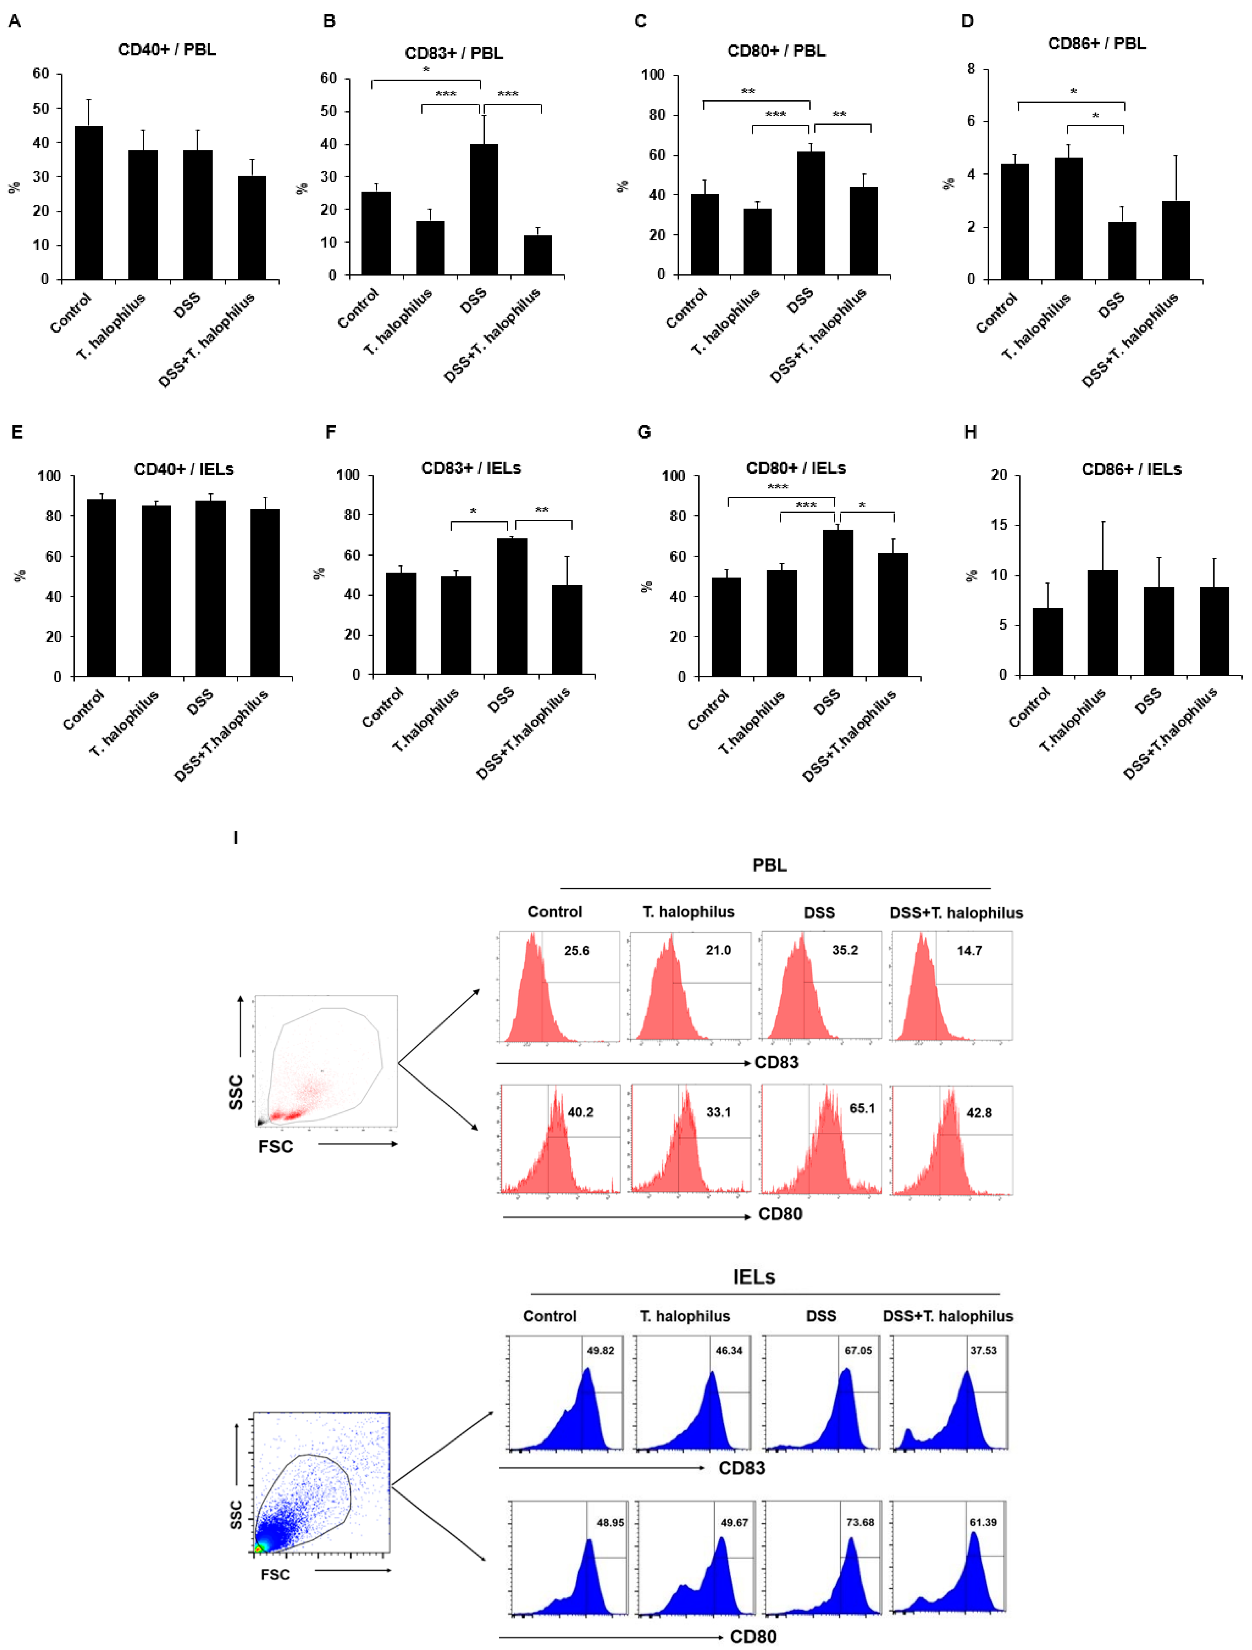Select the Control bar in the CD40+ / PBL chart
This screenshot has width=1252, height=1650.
[89, 203]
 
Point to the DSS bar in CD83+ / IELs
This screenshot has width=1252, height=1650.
[512, 607]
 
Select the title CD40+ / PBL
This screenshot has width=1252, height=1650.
[167, 50]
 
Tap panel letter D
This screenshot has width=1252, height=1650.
[967, 21]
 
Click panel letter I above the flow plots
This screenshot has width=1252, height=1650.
[236, 838]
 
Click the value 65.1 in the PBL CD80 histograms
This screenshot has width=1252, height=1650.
[862, 1108]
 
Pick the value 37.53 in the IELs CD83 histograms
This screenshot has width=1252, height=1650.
[983, 1350]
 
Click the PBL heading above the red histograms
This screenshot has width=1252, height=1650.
[769, 865]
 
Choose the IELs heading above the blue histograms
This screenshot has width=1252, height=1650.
[754, 1277]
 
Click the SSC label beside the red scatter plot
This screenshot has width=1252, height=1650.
[236, 1092]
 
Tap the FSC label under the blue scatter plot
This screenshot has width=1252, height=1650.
[275, 1574]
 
